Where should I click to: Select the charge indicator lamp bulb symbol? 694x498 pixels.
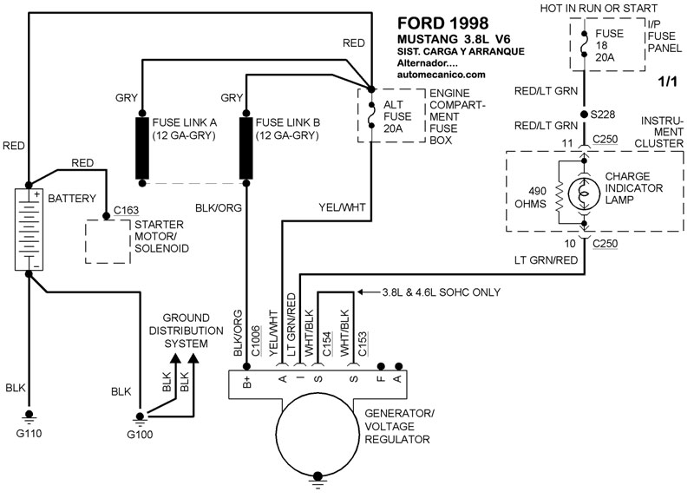(x=584, y=191)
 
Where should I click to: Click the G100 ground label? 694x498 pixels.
(x=139, y=433)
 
